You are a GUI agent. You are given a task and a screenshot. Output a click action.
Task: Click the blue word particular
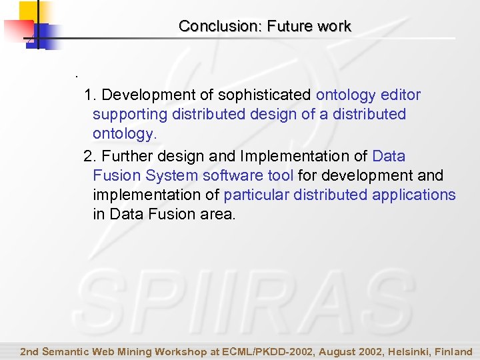click(x=253, y=195)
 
